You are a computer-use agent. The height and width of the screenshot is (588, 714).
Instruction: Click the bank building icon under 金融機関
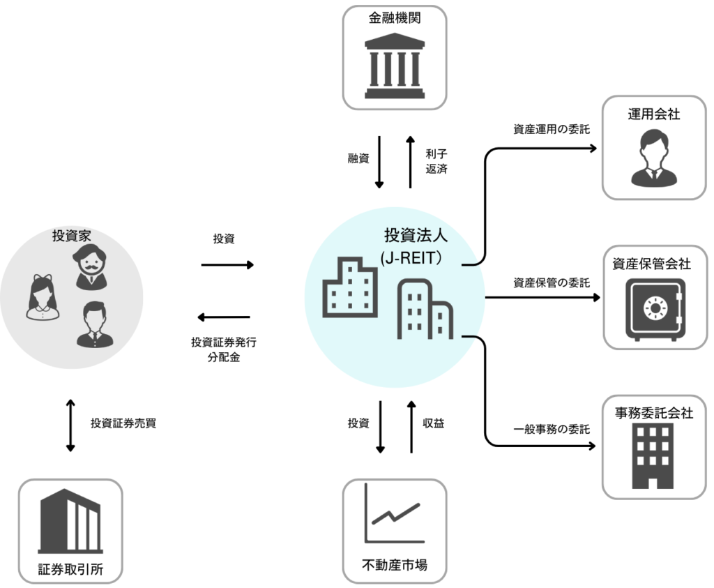point(395,68)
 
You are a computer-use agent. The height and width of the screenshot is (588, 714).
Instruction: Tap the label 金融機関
point(395,17)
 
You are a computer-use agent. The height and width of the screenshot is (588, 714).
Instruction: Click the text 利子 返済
point(436,159)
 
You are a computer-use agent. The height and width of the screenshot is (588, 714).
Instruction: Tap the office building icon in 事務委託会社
point(654,455)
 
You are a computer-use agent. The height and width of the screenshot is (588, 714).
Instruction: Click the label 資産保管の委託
point(552,282)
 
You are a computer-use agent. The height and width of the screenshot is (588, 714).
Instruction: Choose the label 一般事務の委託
point(552,429)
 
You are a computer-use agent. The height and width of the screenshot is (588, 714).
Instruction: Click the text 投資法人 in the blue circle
point(416,235)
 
